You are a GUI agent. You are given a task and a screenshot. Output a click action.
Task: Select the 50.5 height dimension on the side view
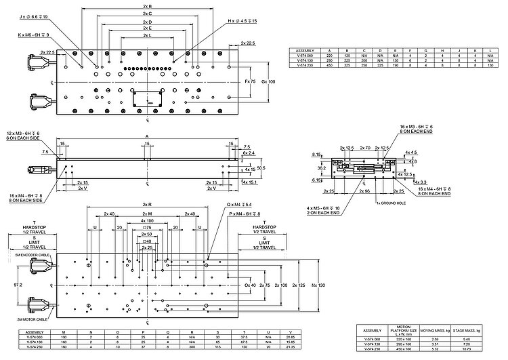pos(261,167)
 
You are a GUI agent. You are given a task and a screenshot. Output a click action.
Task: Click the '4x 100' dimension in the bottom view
pos(147,220)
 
